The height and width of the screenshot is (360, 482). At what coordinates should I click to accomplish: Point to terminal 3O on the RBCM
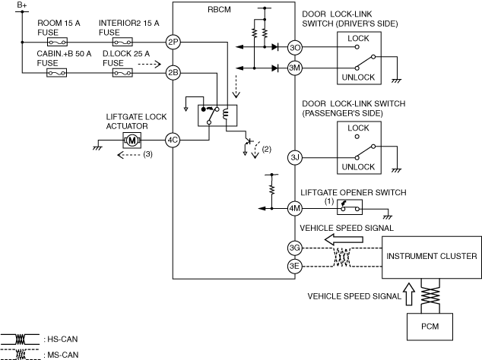[296, 47]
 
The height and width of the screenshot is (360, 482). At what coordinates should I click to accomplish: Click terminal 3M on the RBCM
[296, 67]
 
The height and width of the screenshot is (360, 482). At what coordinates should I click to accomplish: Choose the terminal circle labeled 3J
[296, 157]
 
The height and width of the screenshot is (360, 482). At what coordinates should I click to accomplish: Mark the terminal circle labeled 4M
[296, 208]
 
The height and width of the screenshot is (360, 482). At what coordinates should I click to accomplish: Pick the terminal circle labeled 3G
[296, 248]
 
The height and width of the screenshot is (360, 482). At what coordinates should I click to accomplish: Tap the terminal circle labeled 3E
[296, 266]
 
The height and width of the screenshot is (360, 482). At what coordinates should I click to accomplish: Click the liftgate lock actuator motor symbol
[132, 141]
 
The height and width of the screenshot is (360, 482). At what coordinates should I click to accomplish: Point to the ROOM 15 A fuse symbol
[55, 43]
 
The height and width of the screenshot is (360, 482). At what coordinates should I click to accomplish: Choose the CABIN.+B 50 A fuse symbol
[55, 74]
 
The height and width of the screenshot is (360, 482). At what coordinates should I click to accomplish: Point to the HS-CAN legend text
[61, 339]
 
